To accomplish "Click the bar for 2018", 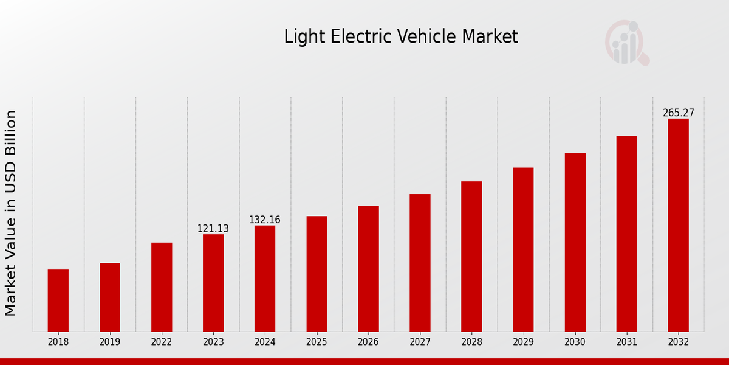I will (58, 301).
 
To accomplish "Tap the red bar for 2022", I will (162, 287).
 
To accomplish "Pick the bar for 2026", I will (368, 268).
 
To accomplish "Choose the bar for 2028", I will (471, 256).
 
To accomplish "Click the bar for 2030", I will (575, 242).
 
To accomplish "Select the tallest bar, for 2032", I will (678, 225).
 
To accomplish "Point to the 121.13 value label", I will (213, 229).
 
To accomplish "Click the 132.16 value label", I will (265, 220).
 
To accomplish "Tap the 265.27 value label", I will (678, 113).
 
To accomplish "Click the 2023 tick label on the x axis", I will (213, 342).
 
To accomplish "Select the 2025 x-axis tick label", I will (317, 342).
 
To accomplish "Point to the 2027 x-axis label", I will (420, 342).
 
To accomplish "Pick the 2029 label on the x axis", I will (523, 342).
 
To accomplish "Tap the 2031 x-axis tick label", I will (626, 342).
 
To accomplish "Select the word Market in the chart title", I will (490, 37).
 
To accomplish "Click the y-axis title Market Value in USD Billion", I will (11, 213).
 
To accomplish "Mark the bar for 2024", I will (265, 279).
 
